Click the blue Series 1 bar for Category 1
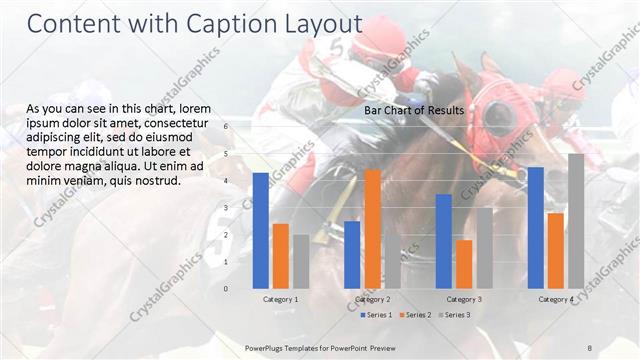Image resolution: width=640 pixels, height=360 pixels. [x=261, y=230]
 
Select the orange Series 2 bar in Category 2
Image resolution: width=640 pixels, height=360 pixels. [x=372, y=229]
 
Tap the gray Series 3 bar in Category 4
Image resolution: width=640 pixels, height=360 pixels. [x=576, y=221]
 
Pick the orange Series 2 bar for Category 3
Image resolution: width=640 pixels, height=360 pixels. [x=464, y=264]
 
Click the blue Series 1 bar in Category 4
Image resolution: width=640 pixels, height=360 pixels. [x=536, y=227]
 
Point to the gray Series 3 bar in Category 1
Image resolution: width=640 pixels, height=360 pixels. [x=301, y=261]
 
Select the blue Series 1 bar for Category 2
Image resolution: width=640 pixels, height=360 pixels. [x=352, y=254]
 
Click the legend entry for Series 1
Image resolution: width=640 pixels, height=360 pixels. [x=376, y=315]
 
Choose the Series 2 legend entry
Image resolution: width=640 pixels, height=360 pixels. [x=415, y=315]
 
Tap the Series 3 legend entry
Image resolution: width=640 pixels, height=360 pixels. [x=454, y=315]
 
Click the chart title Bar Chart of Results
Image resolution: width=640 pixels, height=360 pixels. [x=414, y=110]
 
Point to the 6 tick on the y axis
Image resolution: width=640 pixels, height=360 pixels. [x=226, y=126]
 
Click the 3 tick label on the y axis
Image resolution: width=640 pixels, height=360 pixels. [x=226, y=208]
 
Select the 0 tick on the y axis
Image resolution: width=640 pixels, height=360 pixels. [x=226, y=288]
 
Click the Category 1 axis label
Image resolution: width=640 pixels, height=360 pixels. [x=281, y=299]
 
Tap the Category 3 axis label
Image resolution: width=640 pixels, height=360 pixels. [x=464, y=299]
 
